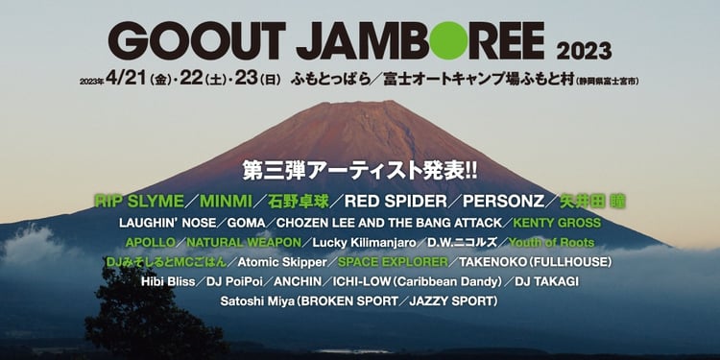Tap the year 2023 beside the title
(584, 51)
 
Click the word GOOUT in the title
(197, 40)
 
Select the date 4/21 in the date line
(126, 79)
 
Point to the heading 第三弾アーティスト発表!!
(360, 171)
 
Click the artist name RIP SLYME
(139, 202)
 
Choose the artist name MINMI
(226, 202)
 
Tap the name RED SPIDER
(396, 202)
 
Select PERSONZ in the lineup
(503, 202)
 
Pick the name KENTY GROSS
(557, 223)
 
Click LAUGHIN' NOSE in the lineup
(167, 223)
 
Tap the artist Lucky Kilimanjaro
(364, 243)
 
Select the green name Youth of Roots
(551, 243)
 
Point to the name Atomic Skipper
(282, 262)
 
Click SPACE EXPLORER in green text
(393, 262)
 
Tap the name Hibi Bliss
(168, 281)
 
